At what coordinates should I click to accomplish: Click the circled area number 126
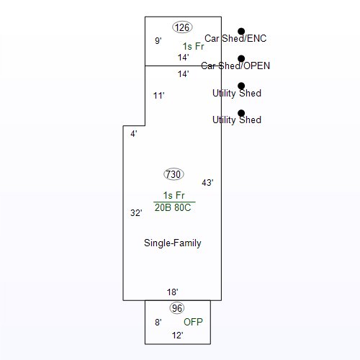point(182,27)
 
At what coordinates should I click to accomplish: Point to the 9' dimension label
point(158,41)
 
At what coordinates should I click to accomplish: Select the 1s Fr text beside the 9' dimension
point(193,46)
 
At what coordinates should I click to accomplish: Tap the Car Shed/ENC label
point(235,38)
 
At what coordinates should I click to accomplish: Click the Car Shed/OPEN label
point(235,66)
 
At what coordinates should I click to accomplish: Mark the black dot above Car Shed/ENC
point(241,31)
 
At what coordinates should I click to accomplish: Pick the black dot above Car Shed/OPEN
point(241,58)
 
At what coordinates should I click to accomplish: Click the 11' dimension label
point(159,96)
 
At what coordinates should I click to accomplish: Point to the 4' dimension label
point(134,134)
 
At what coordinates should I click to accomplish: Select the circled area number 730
point(174,174)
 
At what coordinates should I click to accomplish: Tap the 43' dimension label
point(207,183)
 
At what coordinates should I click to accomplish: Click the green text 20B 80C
point(173,207)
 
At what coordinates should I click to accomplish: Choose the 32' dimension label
point(136,213)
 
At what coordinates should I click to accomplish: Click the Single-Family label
point(173,243)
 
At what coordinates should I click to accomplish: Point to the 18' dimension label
point(173,292)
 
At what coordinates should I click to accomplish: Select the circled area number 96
point(177,308)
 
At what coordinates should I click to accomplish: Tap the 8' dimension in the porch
point(158,322)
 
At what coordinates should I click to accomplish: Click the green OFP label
point(193,322)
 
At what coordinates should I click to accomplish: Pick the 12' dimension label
point(178,336)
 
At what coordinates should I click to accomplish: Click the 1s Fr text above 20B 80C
point(174,195)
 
